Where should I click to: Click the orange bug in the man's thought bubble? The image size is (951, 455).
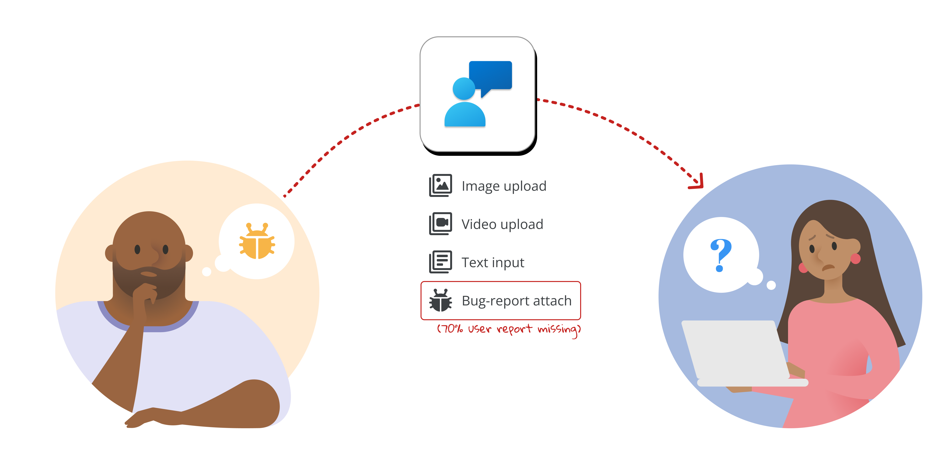click(x=257, y=242)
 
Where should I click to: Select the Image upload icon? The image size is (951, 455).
click(x=440, y=185)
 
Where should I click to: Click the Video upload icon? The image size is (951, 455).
click(x=440, y=224)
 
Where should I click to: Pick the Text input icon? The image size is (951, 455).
click(x=440, y=262)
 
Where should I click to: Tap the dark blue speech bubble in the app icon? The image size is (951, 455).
click(x=490, y=76)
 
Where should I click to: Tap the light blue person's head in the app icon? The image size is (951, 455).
click(x=464, y=89)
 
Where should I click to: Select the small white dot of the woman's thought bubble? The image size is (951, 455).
click(x=771, y=285)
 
